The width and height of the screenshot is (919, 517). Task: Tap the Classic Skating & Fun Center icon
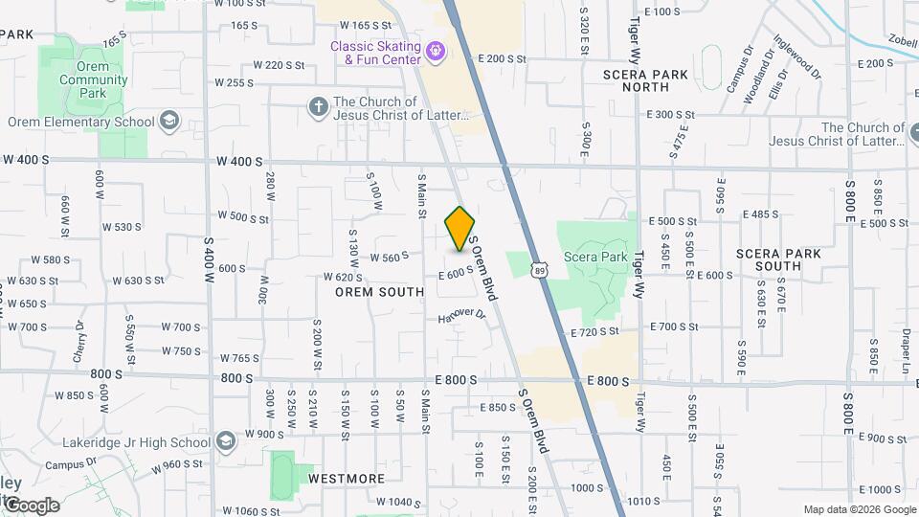[x=437, y=49]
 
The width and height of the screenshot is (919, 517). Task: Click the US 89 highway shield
[x=540, y=272]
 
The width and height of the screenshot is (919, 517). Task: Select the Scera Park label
[x=595, y=257]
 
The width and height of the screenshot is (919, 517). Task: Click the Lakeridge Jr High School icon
[x=225, y=442]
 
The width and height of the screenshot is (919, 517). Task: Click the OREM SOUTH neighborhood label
[x=380, y=292]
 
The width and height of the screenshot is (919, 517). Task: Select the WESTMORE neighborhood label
[x=347, y=478]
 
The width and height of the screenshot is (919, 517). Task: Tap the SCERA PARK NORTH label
[x=644, y=80]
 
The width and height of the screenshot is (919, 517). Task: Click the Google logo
[x=31, y=505]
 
